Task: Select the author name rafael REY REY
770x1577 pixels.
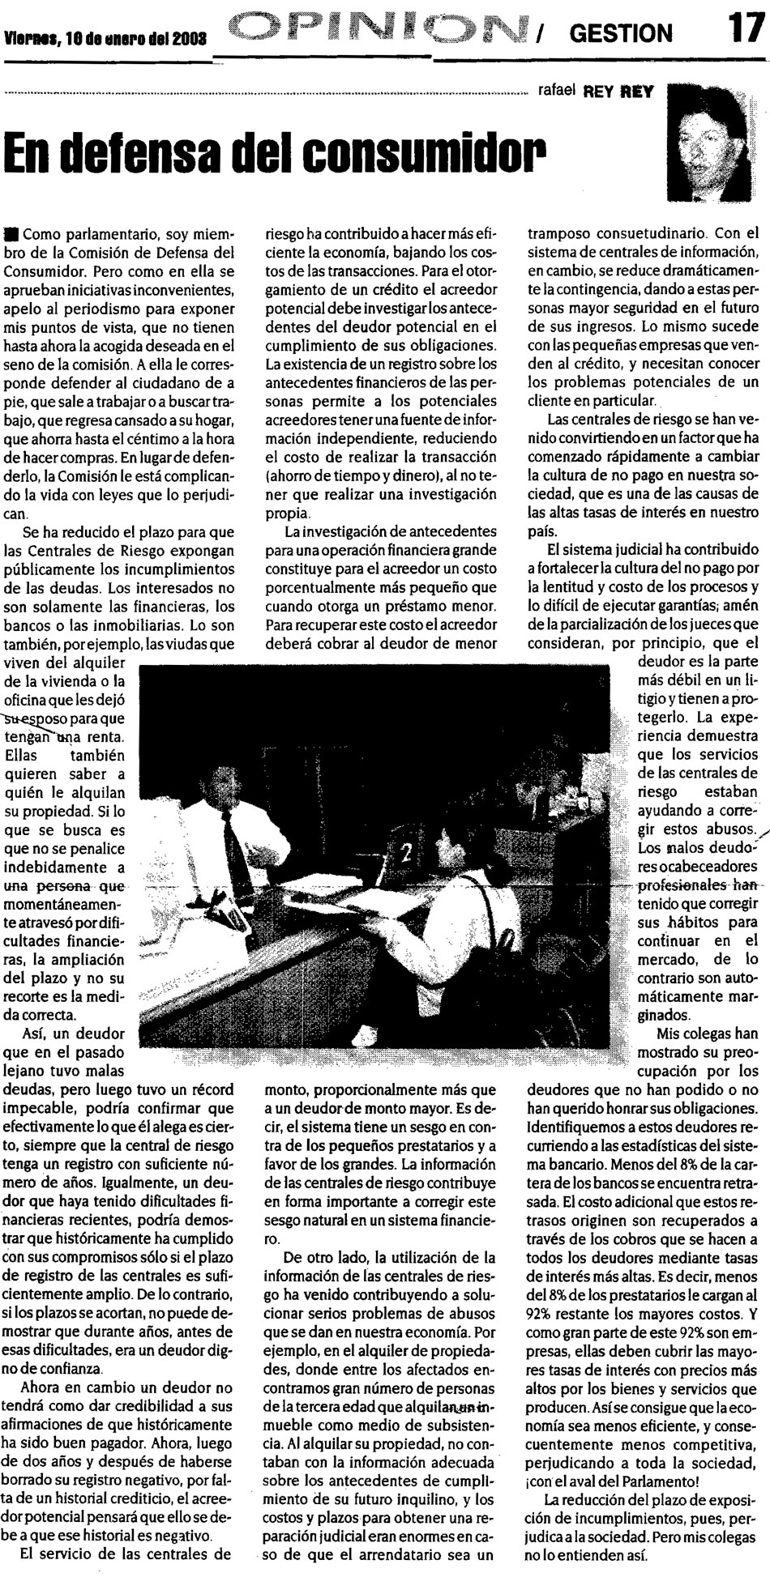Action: [x=595, y=92]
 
